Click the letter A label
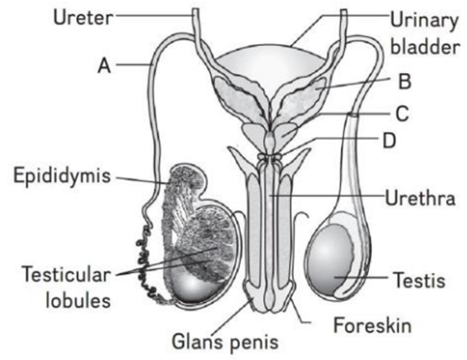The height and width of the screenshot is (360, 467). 104,66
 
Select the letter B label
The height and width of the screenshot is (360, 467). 405,80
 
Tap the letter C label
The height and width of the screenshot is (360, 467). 402,113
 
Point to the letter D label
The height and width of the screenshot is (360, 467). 389,140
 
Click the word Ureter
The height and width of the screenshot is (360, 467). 83,17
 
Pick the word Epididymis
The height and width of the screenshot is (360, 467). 62,175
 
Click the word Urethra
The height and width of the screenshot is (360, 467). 420,198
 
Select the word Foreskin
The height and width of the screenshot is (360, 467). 372,325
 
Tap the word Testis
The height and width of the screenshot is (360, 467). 419,280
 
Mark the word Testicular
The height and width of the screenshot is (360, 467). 66,274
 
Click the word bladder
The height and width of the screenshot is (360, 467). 425,47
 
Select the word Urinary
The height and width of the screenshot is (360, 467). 424,21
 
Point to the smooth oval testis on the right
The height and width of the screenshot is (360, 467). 331,258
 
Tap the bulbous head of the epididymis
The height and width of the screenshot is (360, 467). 187,178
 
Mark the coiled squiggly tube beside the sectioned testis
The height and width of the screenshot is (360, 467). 147,265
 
